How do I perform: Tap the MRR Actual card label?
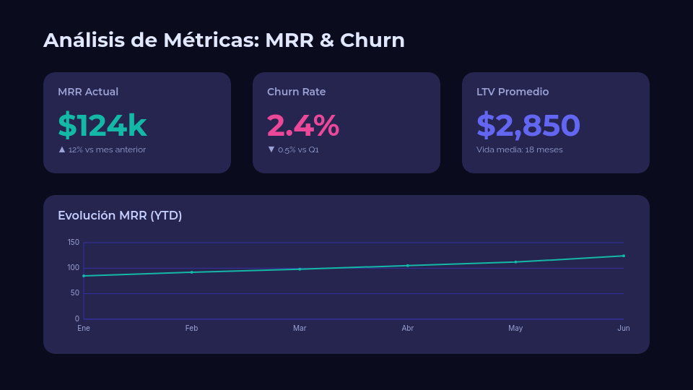tap(88, 92)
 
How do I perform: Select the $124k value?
tap(103, 125)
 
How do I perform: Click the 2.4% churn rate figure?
tap(302, 125)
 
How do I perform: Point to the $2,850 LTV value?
tap(528, 125)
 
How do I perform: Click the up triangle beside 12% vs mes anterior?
tap(62, 149)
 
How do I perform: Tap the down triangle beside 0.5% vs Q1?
tap(271, 149)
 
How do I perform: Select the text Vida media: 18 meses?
tap(520, 149)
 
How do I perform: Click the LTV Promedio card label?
tap(513, 92)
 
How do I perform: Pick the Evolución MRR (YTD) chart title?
tap(120, 215)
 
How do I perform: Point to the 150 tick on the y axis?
tap(74, 242)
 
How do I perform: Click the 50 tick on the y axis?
tap(75, 293)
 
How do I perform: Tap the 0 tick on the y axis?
tap(77, 318)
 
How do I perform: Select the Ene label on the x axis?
tap(84, 328)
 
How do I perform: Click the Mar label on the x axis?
tap(300, 328)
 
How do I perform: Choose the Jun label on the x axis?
tap(624, 328)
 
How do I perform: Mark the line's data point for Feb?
tap(191, 272)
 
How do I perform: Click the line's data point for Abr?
tap(408, 266)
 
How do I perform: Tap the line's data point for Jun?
tap(624, 256)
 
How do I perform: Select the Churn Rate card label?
tap(296, 92)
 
